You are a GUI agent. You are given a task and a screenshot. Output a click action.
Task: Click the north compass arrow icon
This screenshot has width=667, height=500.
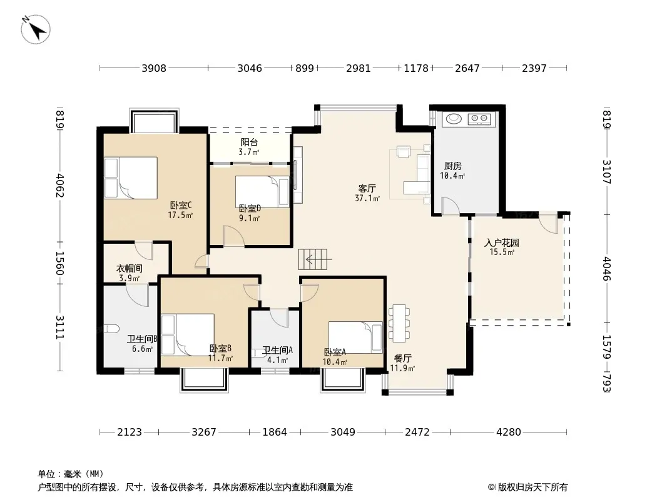coord(36,29)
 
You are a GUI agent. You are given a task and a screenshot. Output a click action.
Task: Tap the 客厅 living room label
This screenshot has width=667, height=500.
coord(367,188)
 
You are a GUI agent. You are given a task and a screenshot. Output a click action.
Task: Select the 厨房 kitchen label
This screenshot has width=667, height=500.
coord(452,166)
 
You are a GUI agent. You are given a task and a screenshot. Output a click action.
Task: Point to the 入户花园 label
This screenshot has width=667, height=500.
coord(502,243)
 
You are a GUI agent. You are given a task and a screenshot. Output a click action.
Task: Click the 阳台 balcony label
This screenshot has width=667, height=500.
coord(249,142)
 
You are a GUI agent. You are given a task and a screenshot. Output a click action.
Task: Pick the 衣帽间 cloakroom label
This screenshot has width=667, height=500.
coord(130,269)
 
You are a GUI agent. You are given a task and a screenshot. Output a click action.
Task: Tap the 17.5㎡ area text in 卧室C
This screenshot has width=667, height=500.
coord(180,215)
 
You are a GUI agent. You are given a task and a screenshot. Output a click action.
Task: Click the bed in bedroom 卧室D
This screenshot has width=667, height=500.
coord(262,192)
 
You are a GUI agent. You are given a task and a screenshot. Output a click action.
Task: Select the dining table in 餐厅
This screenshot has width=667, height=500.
coord(399,323)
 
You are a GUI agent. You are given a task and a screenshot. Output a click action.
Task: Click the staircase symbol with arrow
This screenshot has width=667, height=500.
coord(313,259)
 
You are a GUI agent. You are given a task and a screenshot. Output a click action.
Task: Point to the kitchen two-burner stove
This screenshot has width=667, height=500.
coord(479,119)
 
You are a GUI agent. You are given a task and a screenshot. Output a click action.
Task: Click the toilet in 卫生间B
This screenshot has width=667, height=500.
coord(111,329)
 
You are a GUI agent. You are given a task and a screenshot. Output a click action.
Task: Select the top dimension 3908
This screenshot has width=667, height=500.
coord(154,68)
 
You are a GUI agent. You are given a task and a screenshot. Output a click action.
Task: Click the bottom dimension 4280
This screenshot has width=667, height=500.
coord(508,432)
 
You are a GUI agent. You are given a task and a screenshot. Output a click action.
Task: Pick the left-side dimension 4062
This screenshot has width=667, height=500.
coord(59,185)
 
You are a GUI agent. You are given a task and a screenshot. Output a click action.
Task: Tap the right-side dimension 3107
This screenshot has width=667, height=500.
coord(606,172)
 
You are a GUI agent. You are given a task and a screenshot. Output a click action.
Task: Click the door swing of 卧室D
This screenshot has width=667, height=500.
coord(233,236)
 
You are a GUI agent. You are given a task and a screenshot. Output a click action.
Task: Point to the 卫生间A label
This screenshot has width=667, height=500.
coord(277,351)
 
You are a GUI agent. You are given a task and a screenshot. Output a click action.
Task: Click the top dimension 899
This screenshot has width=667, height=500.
coord(305,68)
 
